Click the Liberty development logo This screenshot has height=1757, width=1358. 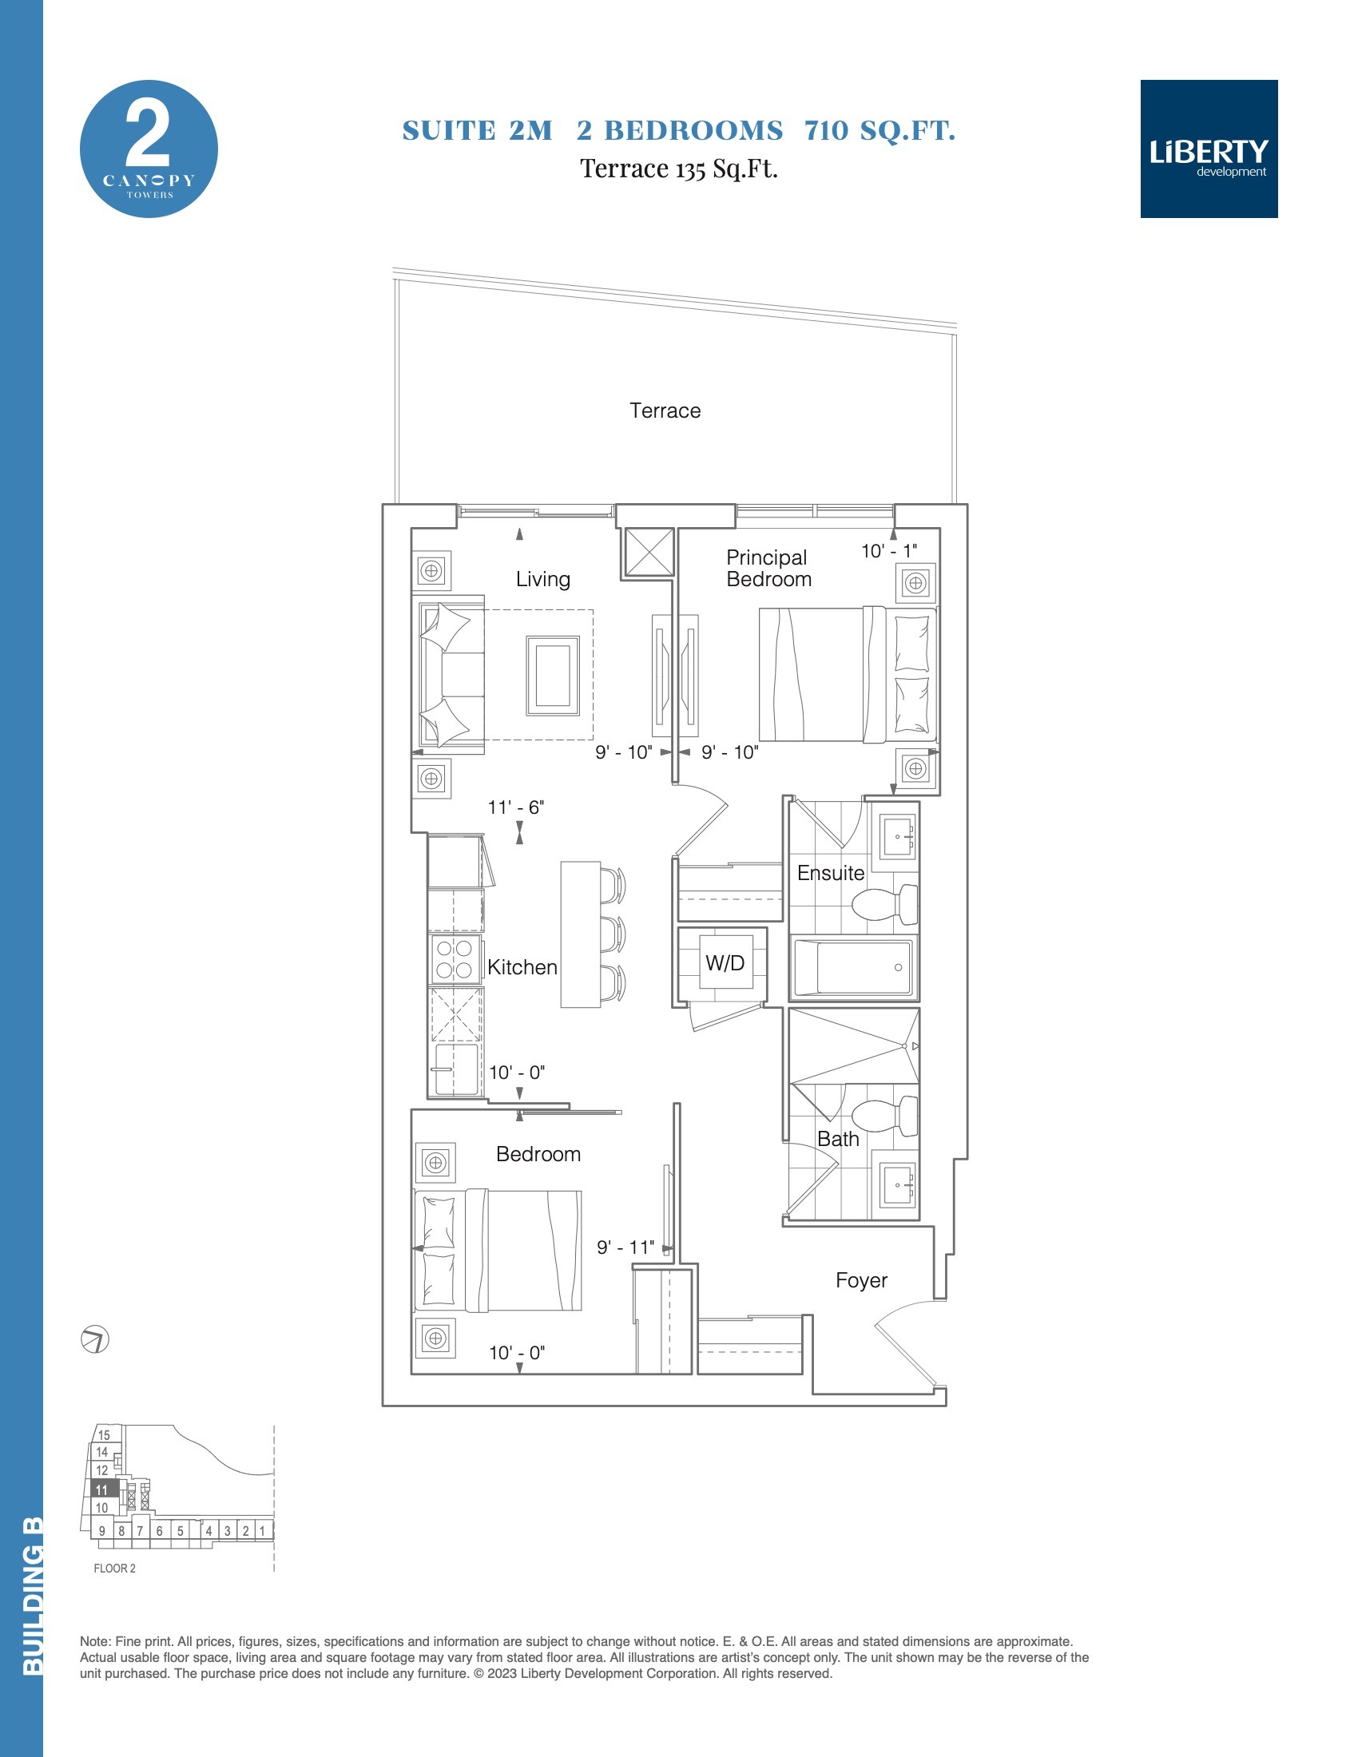coord(1209,149)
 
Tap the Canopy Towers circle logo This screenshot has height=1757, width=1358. coord(149,149)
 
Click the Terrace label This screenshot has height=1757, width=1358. coord(665,411)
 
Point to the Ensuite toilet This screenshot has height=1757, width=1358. coord(885,905)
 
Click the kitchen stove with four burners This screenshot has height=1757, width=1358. coord(455,959)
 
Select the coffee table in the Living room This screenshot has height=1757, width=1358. coord(553,675)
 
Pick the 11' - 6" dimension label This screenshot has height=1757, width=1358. coord(516,807)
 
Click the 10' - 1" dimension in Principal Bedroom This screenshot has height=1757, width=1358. coord(889,551)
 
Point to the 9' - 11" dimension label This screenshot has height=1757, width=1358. coord(625,1247)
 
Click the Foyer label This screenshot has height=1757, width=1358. coord(861,1281)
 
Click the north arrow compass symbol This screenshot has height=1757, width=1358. coord(95,1339)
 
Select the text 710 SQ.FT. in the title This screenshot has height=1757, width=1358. coord(880,130)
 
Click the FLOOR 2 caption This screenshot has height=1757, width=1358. coord(114,1568)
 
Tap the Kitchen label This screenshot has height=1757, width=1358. coord(522,967)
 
